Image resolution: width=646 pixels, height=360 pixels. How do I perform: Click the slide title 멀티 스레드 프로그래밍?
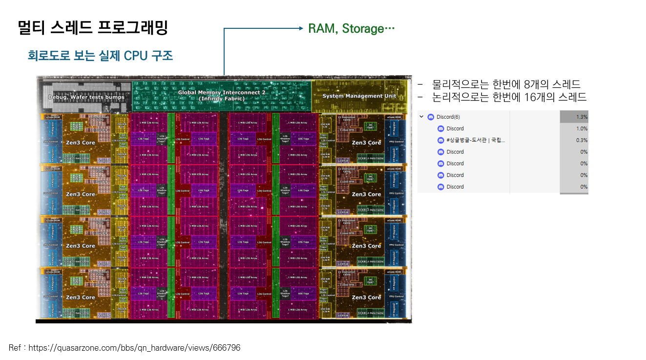pos(93,28)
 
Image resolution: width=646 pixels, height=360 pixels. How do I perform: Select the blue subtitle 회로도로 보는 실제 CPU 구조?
pos(100,56)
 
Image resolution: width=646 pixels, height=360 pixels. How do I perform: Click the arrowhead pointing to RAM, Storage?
pos(301,28)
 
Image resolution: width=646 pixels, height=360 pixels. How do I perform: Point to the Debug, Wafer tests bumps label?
pos(86,97)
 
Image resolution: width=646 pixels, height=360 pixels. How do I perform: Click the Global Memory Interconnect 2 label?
pos(221,92)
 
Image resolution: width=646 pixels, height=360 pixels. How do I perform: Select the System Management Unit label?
pos(359,96)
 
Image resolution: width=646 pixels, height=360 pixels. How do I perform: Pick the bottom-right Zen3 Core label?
pos(366,297)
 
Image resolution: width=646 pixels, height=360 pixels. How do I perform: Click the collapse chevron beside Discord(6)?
pos(421,117)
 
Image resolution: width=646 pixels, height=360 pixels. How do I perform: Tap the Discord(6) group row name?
pos(448,117)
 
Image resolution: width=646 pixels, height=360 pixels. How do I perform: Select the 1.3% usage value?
pos(582,117)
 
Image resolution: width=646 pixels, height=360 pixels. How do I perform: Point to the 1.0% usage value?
pos(582,128)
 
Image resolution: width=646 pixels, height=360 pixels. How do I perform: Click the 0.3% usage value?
pos(582,140)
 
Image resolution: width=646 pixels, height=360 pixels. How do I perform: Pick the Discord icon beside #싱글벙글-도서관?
pos(441,140)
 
